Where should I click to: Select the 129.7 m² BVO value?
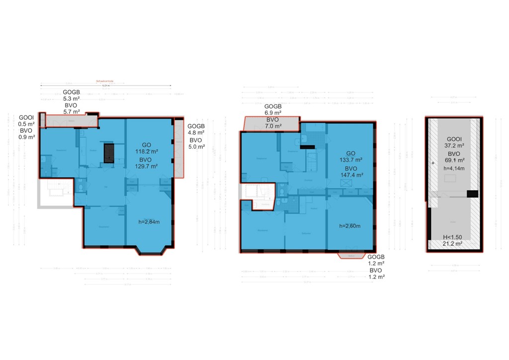pos(147,167)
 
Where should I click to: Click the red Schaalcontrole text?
pos(105,83)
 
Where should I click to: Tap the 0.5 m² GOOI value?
pos(26,124)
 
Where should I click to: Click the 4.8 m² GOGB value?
pos(196,133)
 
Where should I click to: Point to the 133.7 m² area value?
pos(350,161)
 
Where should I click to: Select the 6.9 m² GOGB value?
pos(272,113)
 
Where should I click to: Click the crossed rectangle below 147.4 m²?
pos(345,183)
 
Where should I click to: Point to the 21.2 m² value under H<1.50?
pos(452,244)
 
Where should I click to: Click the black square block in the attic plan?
pos(472,194)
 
